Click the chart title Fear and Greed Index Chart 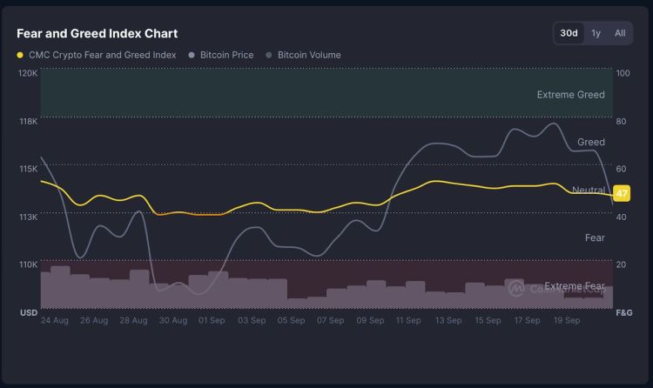[97, 33]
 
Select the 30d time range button [569, 33]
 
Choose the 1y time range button [596, 33]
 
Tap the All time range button [620, 33]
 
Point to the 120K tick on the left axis [28, 73]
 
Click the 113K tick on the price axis [28, 217]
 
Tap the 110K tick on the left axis [28, 264]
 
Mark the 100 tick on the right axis [623, 73]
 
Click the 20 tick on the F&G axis [621, 264]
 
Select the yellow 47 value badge [622, 193]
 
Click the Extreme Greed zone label [570, 95]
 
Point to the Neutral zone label [588, 190]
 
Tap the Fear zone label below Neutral [595, 237]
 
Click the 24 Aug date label [55, 320]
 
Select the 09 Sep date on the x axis [370, 320]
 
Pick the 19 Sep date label [567, 320]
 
